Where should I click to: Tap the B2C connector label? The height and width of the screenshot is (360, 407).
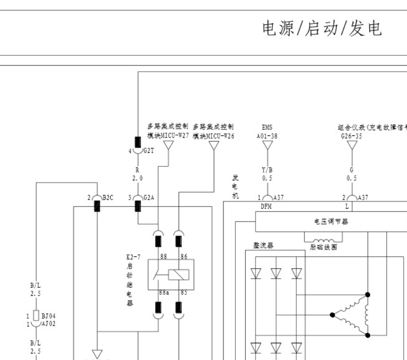(108, 198)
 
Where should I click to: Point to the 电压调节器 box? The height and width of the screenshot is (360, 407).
(331, 221)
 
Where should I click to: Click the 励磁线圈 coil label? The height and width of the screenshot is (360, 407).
(324, 247)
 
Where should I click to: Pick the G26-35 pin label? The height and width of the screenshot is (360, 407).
(352, 136)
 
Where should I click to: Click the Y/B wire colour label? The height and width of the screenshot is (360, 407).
(267, 171)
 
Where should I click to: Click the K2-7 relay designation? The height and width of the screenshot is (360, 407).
(133, 257)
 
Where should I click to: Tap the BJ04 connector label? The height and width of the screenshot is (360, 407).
(48, 316)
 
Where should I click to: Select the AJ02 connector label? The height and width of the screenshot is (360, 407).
(48, 323)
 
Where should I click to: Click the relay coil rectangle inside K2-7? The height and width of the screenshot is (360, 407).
(179, 274)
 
